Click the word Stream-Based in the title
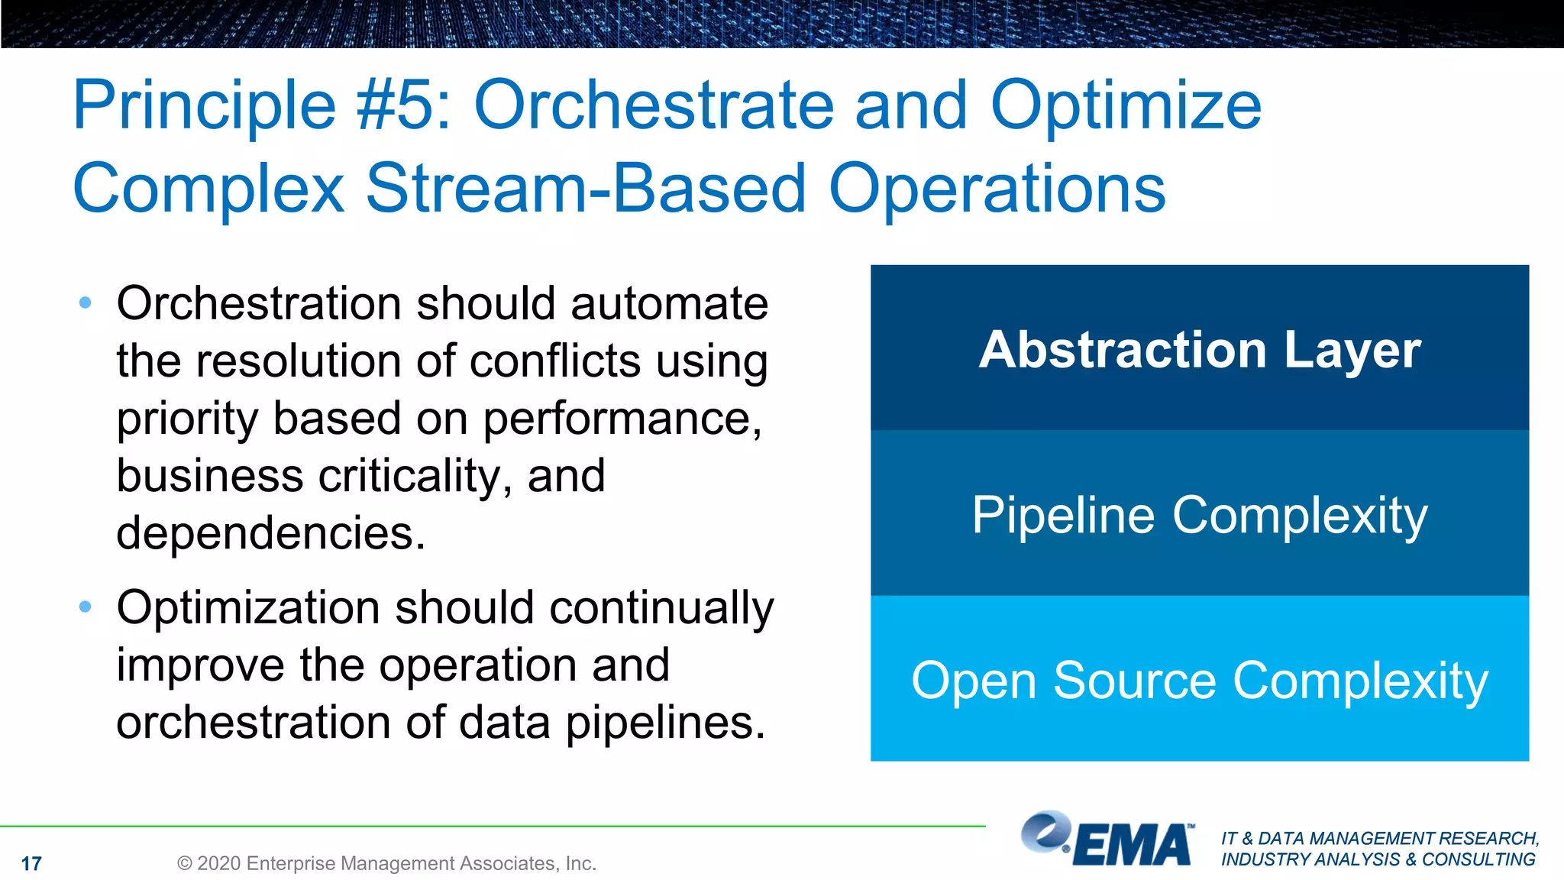[x=586, y=188]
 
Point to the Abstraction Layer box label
[x=1200, y=350]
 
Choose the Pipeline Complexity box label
[x=1200, y=515]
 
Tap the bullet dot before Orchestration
[x=86, y=303]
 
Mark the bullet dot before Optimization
[x=86, y=607]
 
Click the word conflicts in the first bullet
[x=554, y=361]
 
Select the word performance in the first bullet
[x=622, y=419]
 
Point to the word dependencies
[x=270, y=532]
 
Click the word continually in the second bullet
[x=661, y=608]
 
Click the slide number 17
[x=31, y=864]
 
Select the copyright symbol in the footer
[x=184, y=864]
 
